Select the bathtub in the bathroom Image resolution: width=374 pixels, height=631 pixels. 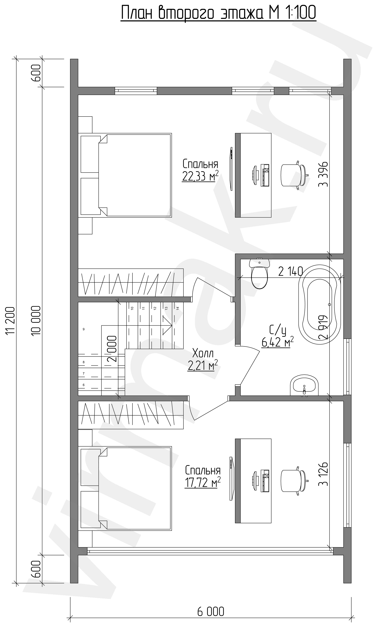tap(319, 304)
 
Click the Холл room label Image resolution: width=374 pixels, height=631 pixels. tap(203, 353)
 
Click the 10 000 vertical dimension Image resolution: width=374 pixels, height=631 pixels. tap(36, 320)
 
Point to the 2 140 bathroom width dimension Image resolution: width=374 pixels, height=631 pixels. tap(290, 272)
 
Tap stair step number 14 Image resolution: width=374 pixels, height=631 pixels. tap(178, 308)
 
